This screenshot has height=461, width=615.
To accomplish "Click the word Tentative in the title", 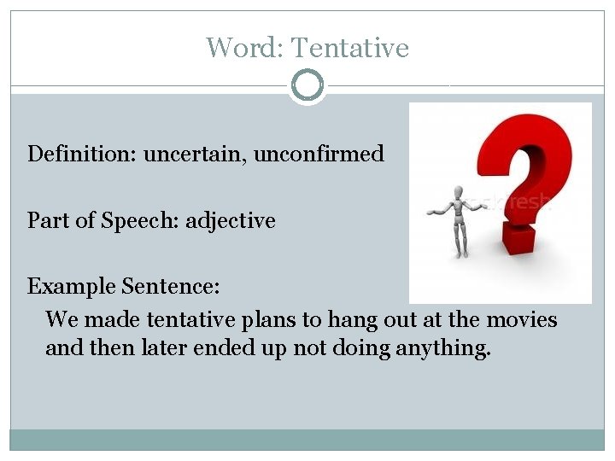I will click(x=350, y=48).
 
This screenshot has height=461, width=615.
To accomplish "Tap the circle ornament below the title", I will click(x=307, y=85).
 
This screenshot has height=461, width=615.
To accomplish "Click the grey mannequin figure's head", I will click(x=459, y=192).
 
